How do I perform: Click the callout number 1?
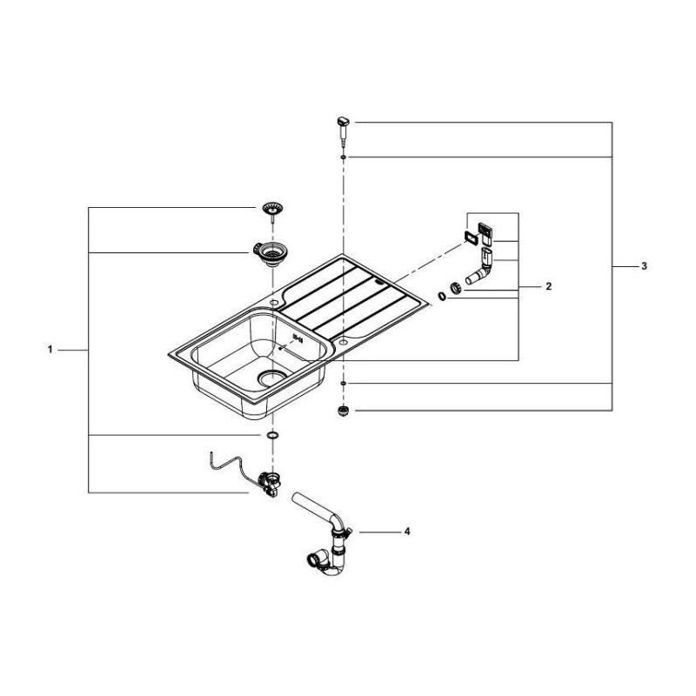point(51,350)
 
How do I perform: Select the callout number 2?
point(549,285)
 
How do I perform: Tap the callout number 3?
point(643,265)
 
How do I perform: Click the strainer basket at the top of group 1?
point(273,210)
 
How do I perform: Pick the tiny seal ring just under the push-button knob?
point(345,157)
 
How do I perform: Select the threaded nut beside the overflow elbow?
point(455,288)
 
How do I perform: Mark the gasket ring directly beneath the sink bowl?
point(272,433)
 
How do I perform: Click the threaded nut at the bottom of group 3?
point(344,411)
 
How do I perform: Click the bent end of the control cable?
point(211,455)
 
